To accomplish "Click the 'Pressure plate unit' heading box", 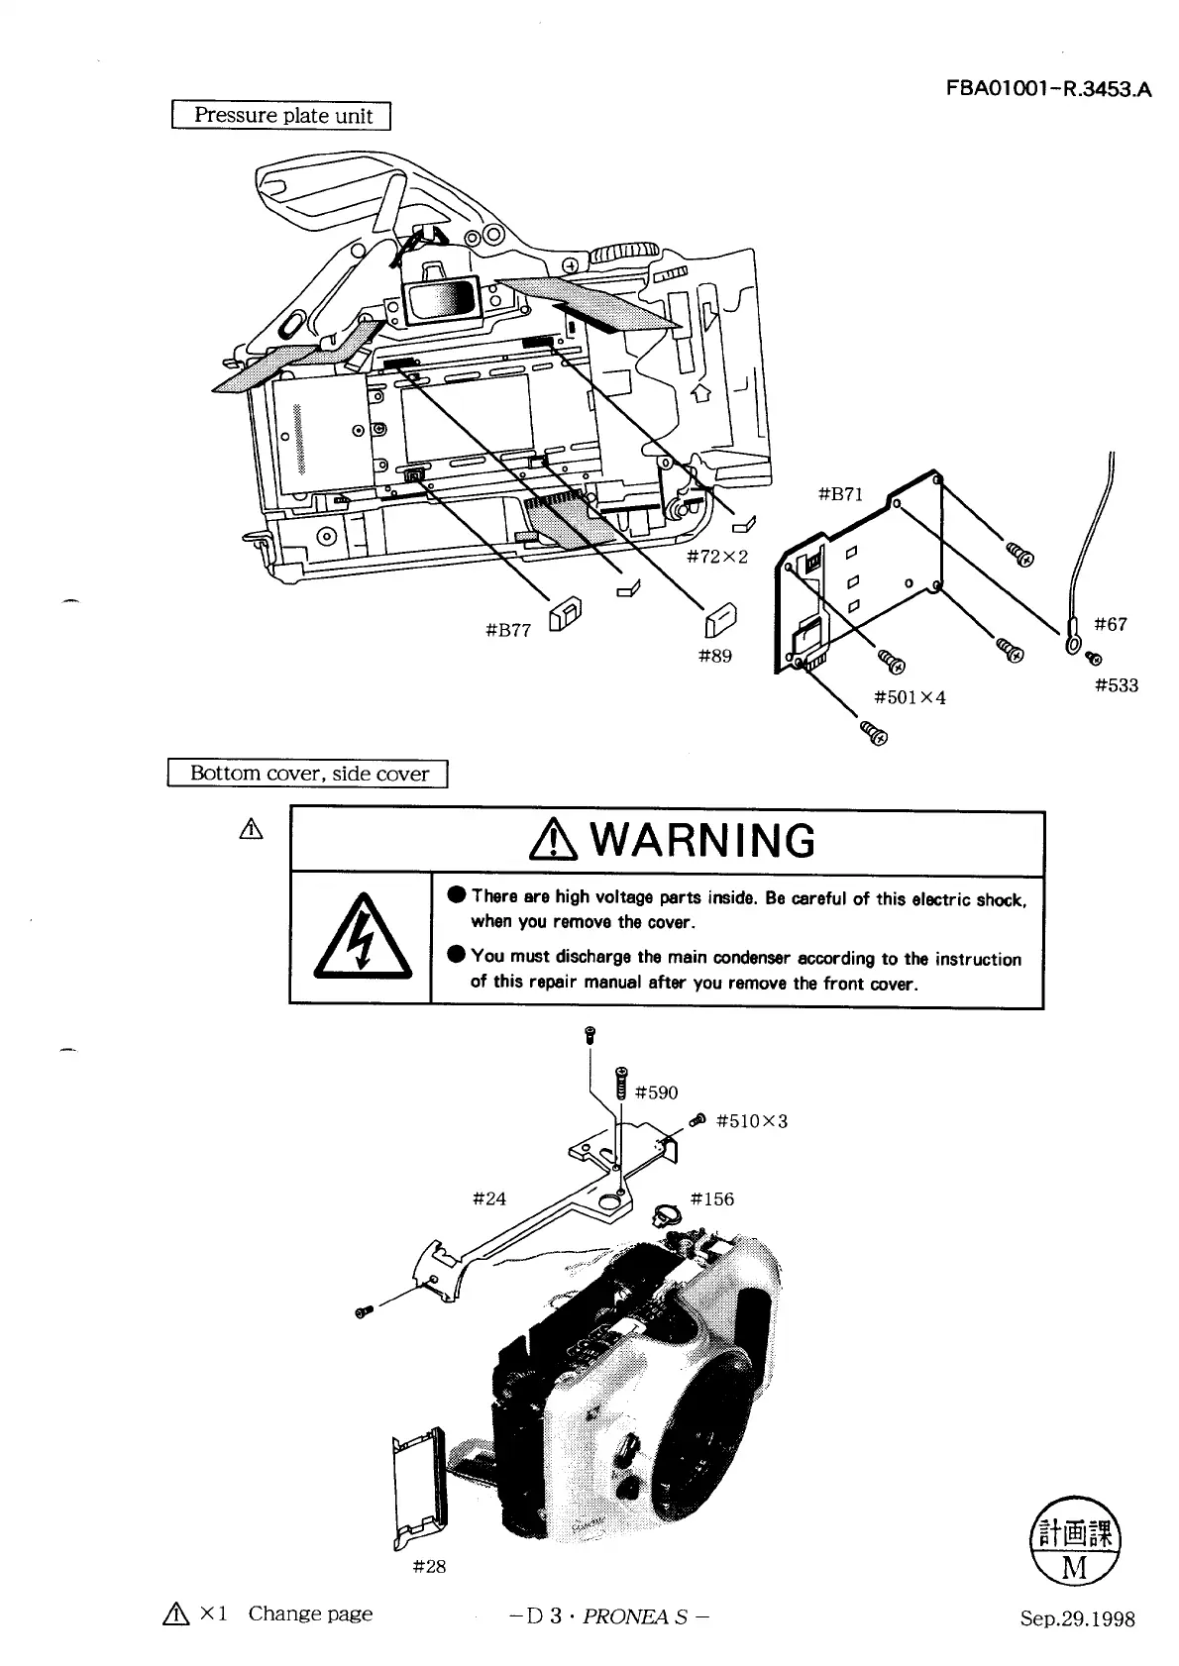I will point(282,116).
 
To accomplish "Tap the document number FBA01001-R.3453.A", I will point(1049,90).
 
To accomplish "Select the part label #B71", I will point(841,494).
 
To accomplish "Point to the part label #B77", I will point(509,630).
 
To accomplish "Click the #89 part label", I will point(715,656).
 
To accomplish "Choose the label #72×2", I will point(716,557).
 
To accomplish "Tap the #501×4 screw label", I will point(910,697).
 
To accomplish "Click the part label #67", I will point(1110,624).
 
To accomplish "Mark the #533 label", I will point(1117,685).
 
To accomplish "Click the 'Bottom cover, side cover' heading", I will point(309,774).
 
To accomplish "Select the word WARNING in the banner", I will point(706,841).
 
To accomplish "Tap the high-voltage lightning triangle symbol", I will point(361,937).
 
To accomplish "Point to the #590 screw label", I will point(656,1093).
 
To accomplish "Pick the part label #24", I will point(489,1198).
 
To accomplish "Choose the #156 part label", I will point(712,1198).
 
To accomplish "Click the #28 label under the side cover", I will point(429,1566).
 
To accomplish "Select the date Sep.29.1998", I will point(1078,1619).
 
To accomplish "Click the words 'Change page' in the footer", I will point(310,1614).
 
